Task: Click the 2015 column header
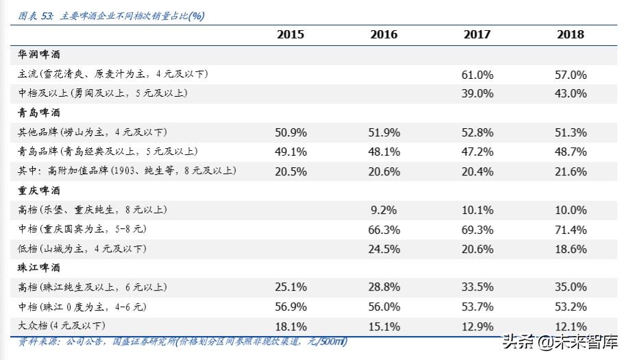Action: click(x=290, y=34)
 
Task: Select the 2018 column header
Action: click(x=570, y=34)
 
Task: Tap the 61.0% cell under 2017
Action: click(x=477, y=74)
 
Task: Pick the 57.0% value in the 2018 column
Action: click(x=570, y=74)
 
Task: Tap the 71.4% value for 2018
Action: click(x=570, y=229)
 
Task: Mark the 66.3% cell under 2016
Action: click(x=384, y=229)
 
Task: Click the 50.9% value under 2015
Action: click(x=290, y=132)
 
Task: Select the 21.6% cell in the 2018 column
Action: click(x=570, y=171)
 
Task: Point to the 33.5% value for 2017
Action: click(x=477, y=287)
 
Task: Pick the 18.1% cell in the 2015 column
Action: click(x=290, y=326)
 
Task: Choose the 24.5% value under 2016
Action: click(x=384, y=248)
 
